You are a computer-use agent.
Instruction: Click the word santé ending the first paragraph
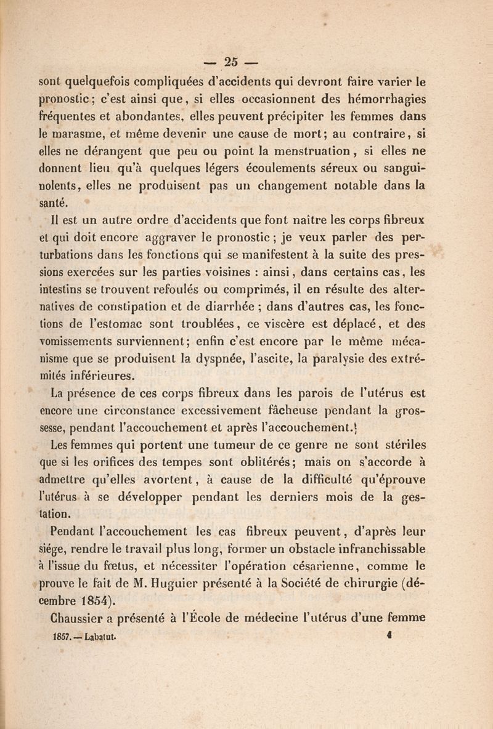click(54, 200)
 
